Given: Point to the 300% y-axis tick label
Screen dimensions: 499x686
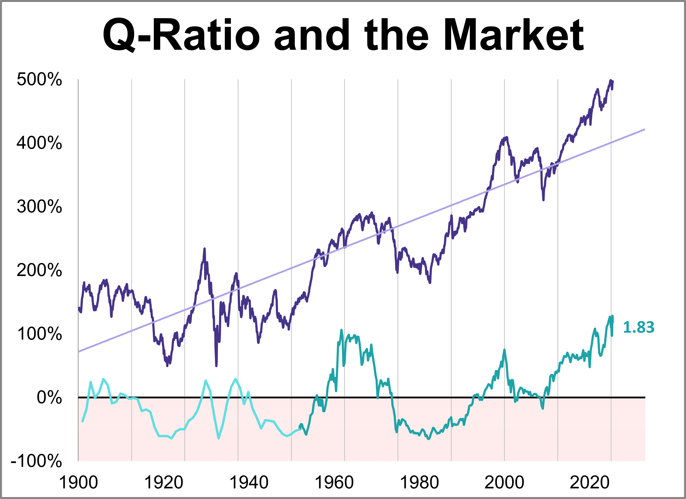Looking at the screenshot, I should point(39,207).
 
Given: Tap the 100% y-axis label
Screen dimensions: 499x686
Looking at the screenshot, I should point(39,334).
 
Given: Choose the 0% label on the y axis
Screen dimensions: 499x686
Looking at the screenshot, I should point(49,398).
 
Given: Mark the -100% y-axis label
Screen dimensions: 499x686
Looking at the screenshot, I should point(36,461).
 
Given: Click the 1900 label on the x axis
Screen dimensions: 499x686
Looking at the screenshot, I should point(78,482).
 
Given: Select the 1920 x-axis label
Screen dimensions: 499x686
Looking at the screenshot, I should point(164,482).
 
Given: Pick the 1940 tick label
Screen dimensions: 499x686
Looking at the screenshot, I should point(249,482).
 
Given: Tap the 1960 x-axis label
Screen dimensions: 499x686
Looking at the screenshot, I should point(334,482).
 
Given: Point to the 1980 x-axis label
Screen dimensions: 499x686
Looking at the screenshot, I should point(419,482).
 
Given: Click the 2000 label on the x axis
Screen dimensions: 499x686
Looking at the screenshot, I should point(504,482).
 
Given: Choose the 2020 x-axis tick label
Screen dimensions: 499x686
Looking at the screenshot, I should point(590,482).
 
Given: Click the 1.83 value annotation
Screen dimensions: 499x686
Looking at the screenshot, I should point(639,327).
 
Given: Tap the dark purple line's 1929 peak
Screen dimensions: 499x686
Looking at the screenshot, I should point(204,249).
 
